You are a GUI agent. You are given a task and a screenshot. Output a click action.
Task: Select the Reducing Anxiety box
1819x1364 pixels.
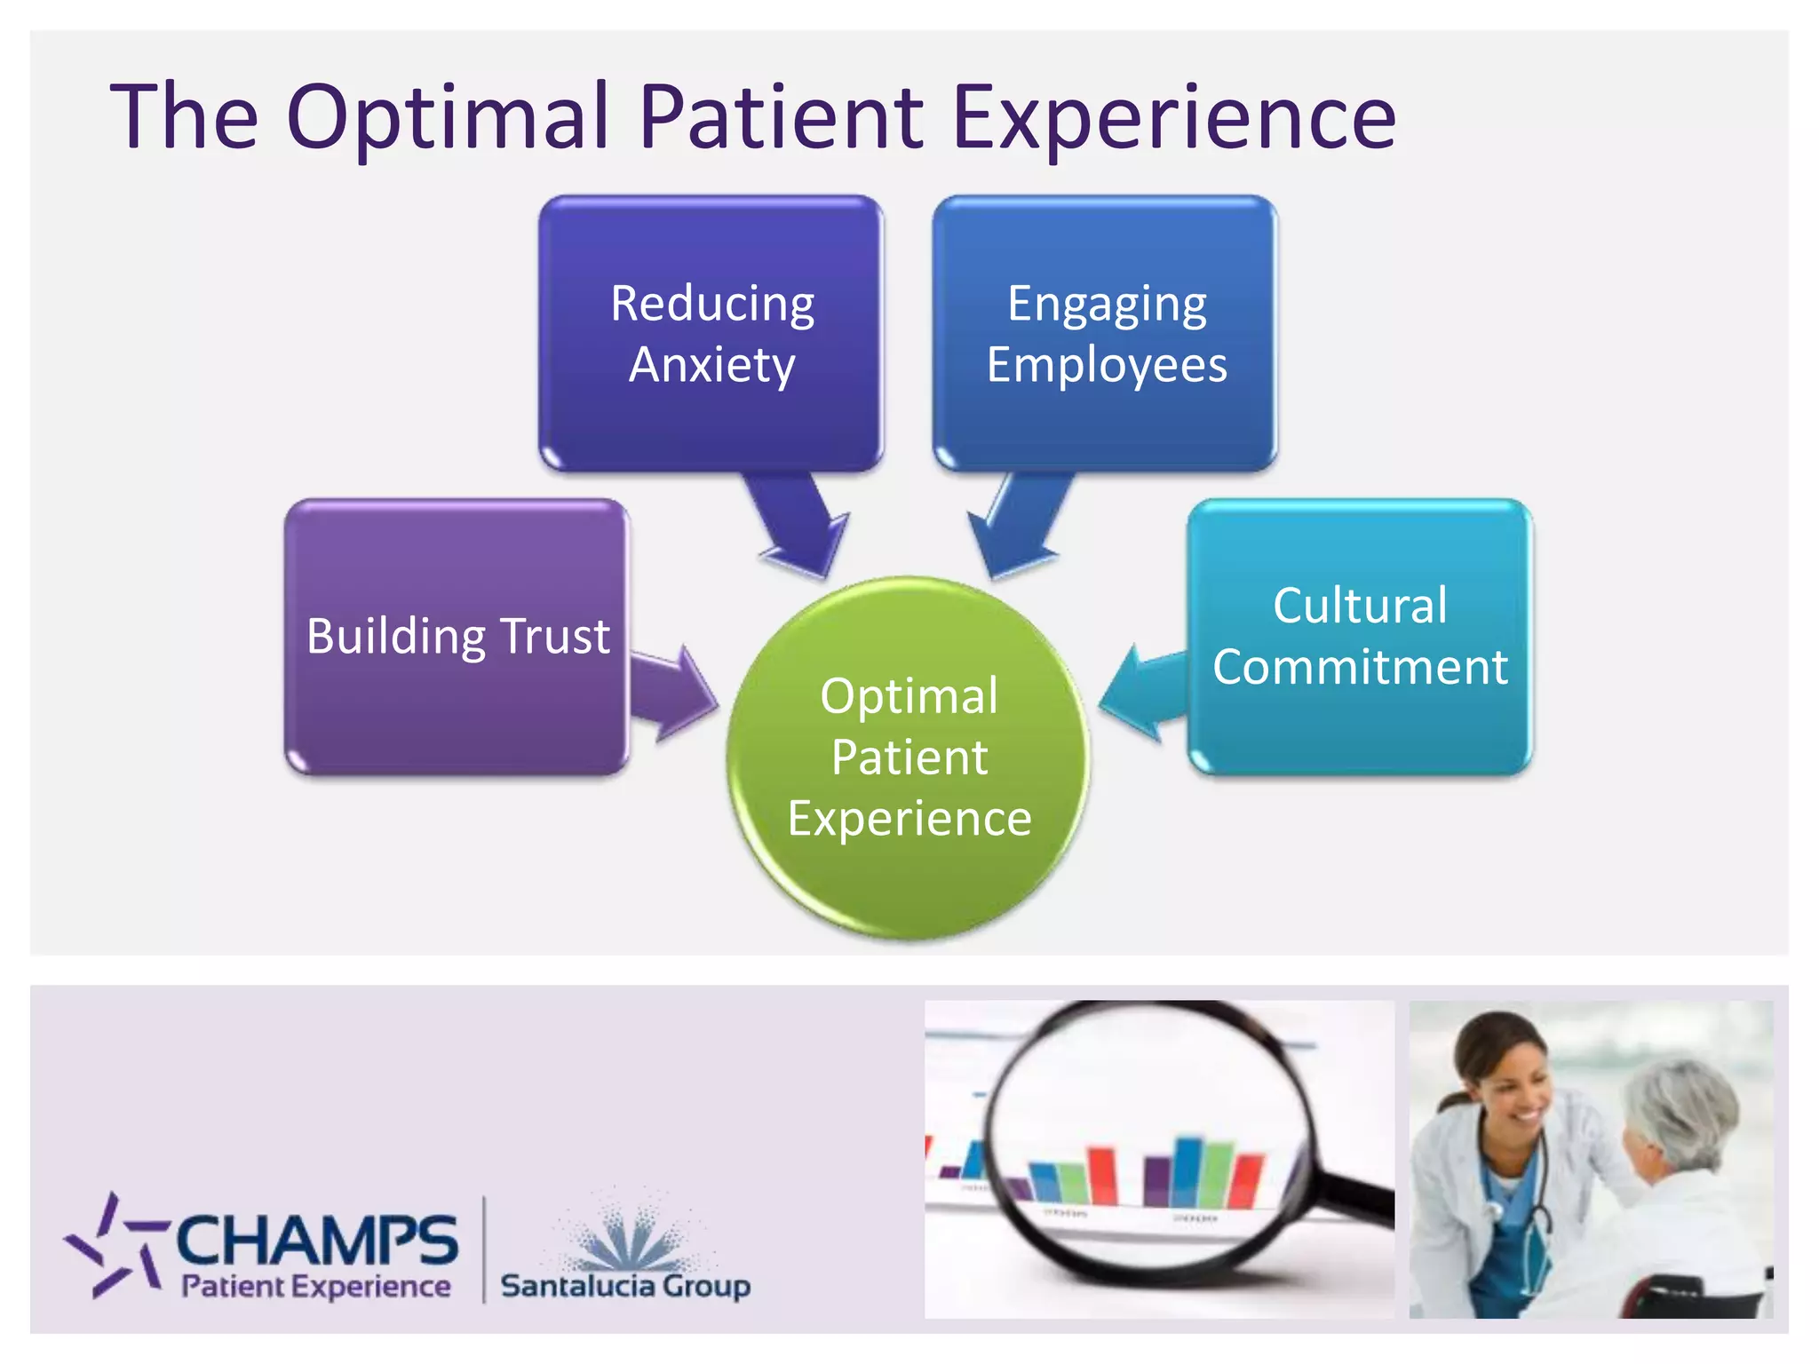click(711, 333)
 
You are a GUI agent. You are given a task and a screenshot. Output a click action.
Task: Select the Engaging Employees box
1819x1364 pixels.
click(1106, 333)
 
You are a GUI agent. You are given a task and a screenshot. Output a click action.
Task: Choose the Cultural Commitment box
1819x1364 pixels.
click(1360, 637)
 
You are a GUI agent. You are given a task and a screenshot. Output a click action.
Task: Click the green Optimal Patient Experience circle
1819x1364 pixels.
click(909, 757)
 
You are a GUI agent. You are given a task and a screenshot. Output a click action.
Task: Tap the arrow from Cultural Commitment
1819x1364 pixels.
click(1141, 693)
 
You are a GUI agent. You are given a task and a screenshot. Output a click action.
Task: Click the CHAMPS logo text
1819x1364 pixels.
click(317, 1241)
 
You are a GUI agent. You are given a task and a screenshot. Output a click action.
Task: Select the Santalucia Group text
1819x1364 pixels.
click(625, 1285)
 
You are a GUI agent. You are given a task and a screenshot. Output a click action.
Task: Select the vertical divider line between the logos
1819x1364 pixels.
click(484, 1249)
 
